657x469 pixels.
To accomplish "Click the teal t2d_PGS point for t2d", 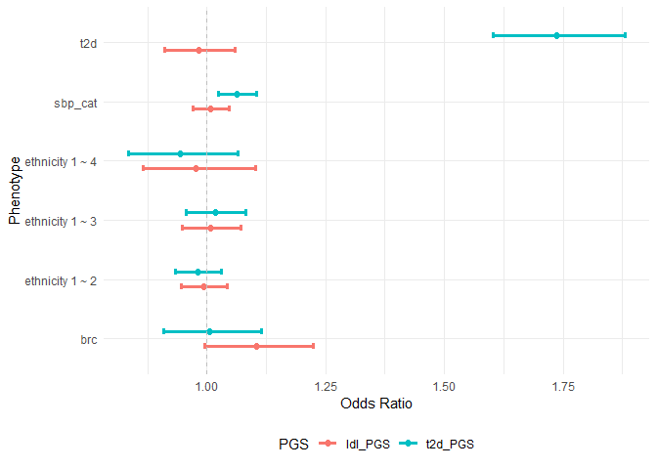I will [556, 35].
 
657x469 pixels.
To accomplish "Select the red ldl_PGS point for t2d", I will [198, 50].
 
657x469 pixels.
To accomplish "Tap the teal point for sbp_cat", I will [237, 94].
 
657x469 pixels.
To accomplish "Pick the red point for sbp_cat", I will [210, 108].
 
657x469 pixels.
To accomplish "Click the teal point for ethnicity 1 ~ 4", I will [180, 153].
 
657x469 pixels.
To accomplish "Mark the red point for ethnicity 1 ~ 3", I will [210, 228].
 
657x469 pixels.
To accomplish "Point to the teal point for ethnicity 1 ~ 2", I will [197, 272].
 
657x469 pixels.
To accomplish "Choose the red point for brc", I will [257, 346].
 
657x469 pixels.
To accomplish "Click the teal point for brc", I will [209, 331].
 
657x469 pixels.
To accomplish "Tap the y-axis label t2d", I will [87, 43].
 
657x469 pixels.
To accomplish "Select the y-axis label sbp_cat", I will [75, 102].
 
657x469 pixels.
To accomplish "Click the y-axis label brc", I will [87, 339].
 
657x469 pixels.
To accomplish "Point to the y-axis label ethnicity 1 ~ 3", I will [61, 221].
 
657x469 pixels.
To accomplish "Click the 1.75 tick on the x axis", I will [563, 387].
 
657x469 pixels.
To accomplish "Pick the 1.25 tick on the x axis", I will [326, 387].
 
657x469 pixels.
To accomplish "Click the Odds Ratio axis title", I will [376, 404].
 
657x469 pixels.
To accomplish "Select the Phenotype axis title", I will [14, 190].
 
